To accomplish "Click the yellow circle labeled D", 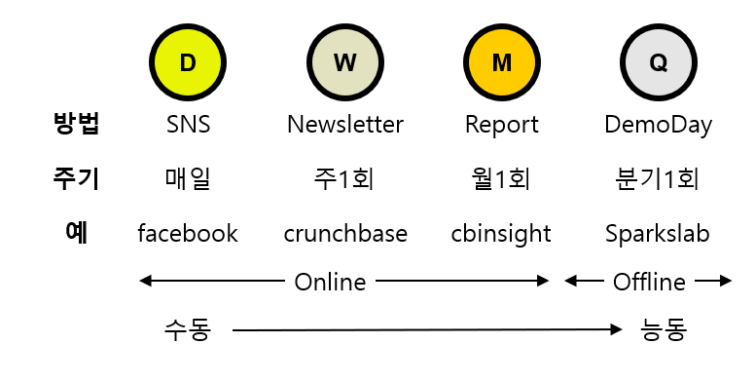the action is [x=188, y=62].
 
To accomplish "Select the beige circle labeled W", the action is [x=344, y=62].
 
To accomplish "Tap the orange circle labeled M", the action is [x=501, y=62].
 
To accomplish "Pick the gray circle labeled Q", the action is [x=659, y=62].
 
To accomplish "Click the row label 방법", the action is [x=76, y=125].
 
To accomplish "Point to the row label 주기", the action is [x=76, y=179].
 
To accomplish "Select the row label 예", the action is [x=76, y=233].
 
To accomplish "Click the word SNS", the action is [x=188, y=125].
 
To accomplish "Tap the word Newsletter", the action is [x=344, y=125].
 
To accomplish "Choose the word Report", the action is [x=501, y=125].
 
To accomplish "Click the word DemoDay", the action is [x=659, y=125].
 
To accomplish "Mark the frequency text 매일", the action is [x=188, y=179].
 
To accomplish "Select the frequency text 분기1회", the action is [x=659, y=179].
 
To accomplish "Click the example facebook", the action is [x=188, y=234].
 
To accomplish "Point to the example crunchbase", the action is [x=344, y=234].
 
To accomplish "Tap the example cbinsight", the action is [x=501, y=234].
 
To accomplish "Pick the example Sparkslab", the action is [x=659, y=234].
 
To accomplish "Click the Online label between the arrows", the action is [x=330, y=282].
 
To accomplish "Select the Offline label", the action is [x=649, y=282].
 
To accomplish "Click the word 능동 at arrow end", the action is [x=665, y=330].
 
